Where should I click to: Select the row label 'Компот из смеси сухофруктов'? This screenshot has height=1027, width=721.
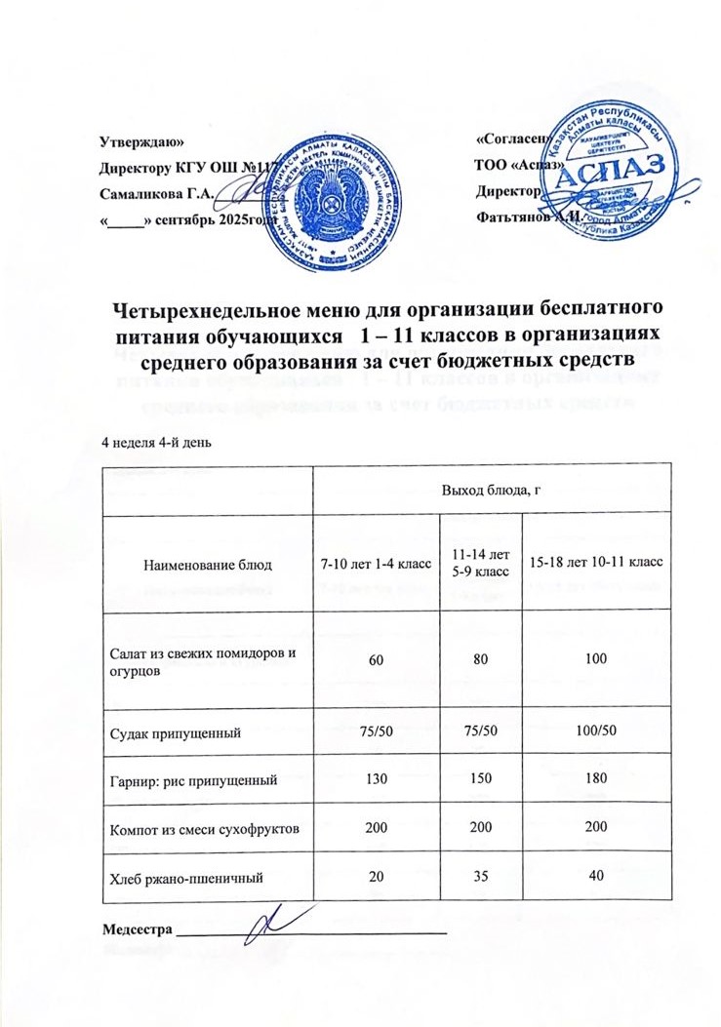(x=205, y=827)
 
